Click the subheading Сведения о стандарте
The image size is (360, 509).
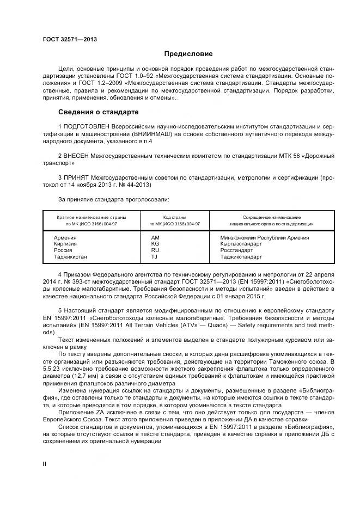click(x=98, y=112)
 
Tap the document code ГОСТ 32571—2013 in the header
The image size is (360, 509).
click(x=66, y=40)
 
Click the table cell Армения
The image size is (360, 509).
click(x=65, y=238)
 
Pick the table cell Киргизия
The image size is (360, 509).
click(x=65, y=244)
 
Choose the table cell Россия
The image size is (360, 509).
click(x=63, y=250)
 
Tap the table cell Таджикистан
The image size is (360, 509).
click(x=70, y=256)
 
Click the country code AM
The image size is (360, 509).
click(x=155, y=238)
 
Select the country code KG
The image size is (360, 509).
click(x=155, y=244)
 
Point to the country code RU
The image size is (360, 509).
click(x=155, y=250)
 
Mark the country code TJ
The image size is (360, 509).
click(x=154, y=256)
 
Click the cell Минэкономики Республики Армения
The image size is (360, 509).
click(x=265, y=238)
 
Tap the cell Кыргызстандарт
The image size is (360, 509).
click(x=242, y=244)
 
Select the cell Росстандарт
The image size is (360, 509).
click(x=237, y=250)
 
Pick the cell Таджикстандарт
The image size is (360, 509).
click(x=241, y=256)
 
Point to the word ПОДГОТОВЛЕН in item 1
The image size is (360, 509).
click(x=86, y=126)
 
